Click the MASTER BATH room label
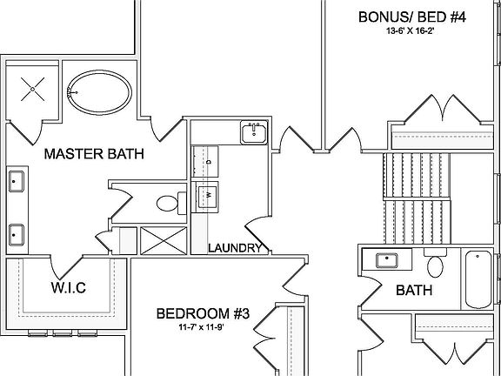point(94,154)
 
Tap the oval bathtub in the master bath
point(99,92)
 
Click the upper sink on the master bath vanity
point(16,181)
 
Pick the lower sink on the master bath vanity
point(16,235)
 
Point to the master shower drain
point(32,89)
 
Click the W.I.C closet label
point(69,288)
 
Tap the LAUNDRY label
point(235,248)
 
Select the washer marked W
point(207,197)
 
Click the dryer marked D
point(206,161)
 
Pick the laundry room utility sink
point(254,132)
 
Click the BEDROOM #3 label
point(203,313)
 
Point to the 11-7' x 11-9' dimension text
point(203,328)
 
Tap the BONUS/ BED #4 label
point(412,17)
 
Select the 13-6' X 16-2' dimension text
point(412,31)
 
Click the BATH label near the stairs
point(414,291)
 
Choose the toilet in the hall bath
point(435,263)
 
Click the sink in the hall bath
point(387,260)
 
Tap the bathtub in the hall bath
point(478,279)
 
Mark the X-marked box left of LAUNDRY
point(164,241)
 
